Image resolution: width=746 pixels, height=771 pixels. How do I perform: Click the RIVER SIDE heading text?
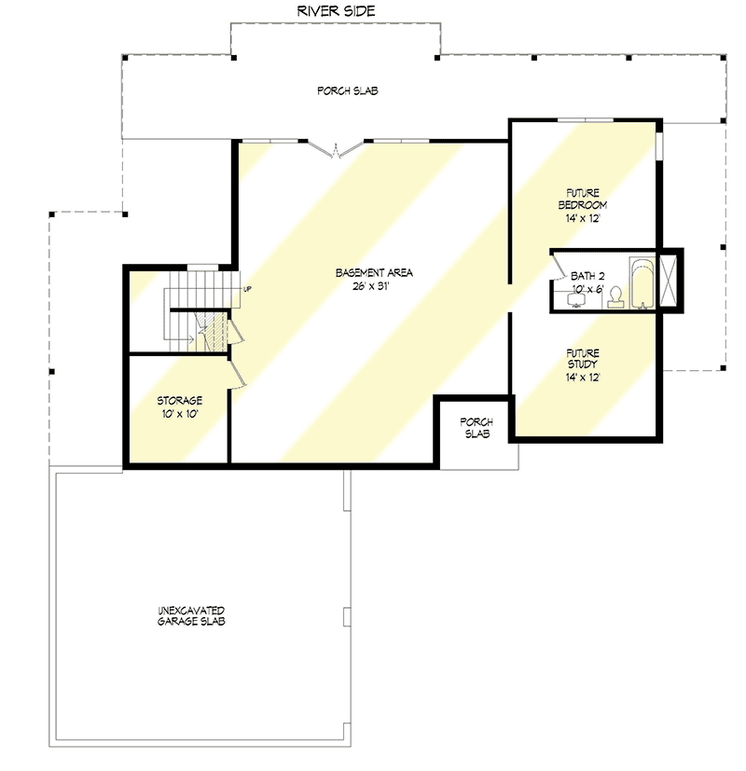pyautogui.click(x=336, y=11)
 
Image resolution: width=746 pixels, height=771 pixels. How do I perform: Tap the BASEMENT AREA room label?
pyautogui.click(x=374, y=272)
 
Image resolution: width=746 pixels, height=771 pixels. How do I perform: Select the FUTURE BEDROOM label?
pyautogui.click(x=583, y=198)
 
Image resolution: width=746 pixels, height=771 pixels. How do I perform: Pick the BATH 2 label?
pyautogui.click(x=587, y=277)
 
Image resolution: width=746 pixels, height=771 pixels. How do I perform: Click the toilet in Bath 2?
pyautogui.click(x=615, y=298)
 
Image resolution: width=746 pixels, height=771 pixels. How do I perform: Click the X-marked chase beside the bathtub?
pyautogui.click(x=670, y=280)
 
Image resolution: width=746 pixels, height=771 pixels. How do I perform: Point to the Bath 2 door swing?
pyautogui.click(x=558, y=268)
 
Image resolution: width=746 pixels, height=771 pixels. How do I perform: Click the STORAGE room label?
pyautogui.click(x=179, y=400)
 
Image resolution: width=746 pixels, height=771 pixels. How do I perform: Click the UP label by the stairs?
pyautogui.click(x=247, y=288)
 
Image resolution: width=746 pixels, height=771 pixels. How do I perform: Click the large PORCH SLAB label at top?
pyautogui.click(x=347, y=90)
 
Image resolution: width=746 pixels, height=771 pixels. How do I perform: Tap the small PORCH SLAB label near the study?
pyautogui.click(x=477, y=428)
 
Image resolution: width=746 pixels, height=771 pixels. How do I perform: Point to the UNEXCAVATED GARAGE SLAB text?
pyautogui.click(x=190, y=615)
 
